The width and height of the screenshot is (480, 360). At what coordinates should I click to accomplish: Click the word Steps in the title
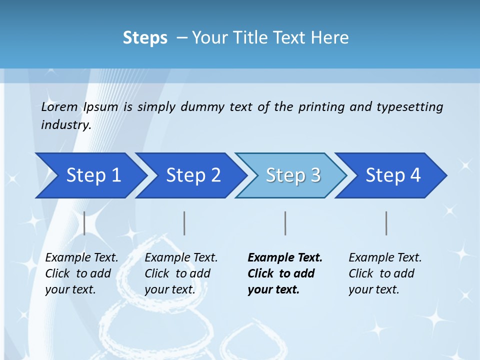tap(145, 38)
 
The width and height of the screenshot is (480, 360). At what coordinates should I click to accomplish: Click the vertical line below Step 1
tap(84, 223)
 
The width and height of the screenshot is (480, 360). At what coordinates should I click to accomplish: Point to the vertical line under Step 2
tap(184, 223)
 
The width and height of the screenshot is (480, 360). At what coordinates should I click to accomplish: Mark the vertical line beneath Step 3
tap(285, 223)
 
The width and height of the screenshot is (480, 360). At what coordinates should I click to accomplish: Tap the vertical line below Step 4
tap(386, 223)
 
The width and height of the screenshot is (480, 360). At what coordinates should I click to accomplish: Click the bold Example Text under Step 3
tap(285, 273)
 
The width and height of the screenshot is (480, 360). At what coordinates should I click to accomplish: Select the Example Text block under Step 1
tap(81, 273)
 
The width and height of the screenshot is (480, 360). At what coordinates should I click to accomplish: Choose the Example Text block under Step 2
tap(181, 273)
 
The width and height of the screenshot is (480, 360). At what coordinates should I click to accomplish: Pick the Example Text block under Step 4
tap(385, 273)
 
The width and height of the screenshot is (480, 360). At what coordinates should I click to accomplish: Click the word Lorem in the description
tap(59, 107)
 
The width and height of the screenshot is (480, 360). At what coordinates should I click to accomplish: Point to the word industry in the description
tap(66, 125)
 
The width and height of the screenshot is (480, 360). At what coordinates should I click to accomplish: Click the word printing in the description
tap(321, 107)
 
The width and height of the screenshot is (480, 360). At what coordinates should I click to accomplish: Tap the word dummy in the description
tap(201, 107)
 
